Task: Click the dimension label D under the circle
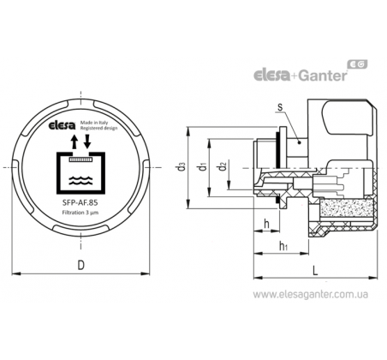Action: click(81, 265)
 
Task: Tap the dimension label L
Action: click(315, 270)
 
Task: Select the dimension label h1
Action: click(283, 246)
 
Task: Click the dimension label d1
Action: click(203, 166)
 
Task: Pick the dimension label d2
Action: click(223, 166)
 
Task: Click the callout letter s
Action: click(280, 107)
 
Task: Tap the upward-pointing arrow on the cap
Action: click(74, 141)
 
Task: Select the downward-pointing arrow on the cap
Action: click(87, 141)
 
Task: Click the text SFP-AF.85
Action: click(80, 202)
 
